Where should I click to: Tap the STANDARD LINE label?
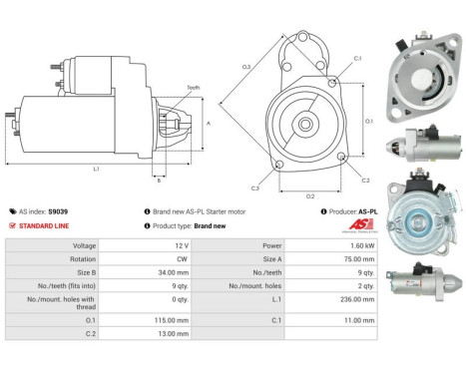pyautogui.click(x=45, y=225)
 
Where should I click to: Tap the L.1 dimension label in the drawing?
pyautogui.click(x=96, y=169)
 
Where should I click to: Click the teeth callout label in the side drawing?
pyautogui.click(x=193, y=88)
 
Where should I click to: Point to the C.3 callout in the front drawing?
pyautogui.click(x=255, y=187)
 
